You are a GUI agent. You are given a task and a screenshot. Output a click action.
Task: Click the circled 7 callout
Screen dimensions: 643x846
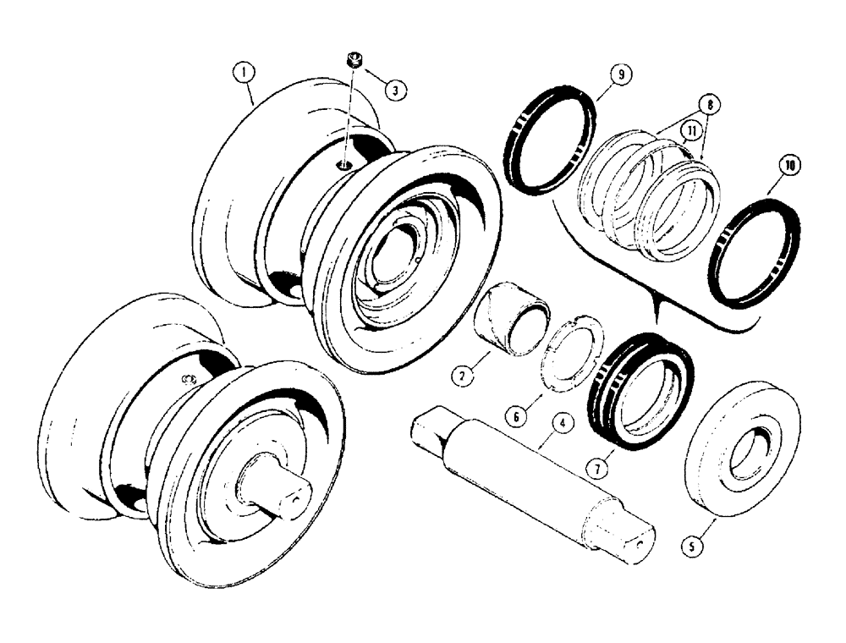point(600,466)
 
